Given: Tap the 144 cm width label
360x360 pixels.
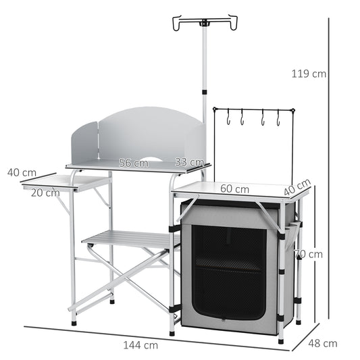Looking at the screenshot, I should pos(141,344).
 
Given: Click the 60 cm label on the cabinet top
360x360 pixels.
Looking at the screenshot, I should pos(231,188).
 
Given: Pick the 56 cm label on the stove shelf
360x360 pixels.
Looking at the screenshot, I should pos(133,162).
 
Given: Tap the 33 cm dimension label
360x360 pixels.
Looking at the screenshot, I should pos(189,162).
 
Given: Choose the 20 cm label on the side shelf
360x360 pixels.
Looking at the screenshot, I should pos(45,192).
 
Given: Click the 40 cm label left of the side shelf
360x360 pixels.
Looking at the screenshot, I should pos(22,172).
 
